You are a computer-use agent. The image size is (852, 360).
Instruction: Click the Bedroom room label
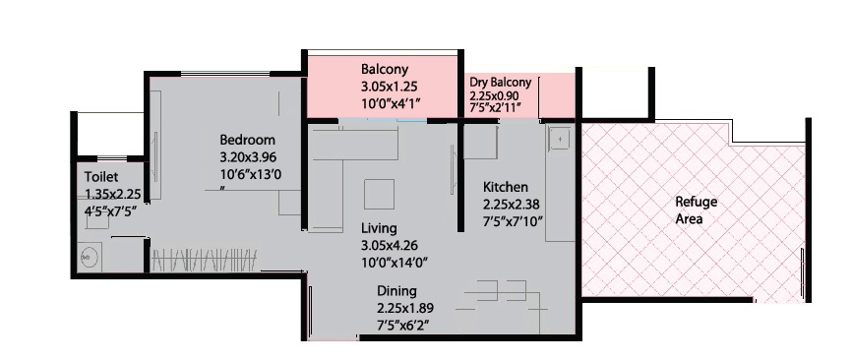point(247,140)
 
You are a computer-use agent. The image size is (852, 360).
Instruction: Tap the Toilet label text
point(101,177)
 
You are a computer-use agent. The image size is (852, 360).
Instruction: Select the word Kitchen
point(506,187)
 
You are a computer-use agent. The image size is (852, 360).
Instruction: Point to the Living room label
point(379,228)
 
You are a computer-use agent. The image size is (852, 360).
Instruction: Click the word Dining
point(396,291)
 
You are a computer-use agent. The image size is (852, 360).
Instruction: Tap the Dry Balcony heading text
point(501,83)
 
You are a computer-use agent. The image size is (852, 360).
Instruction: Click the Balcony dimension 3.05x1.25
point(389,86)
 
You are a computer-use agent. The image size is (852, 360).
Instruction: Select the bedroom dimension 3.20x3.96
point(248,158)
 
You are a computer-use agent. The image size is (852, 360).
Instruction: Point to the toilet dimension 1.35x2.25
point(113,194)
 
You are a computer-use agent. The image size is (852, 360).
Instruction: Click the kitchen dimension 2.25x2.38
point(512,205)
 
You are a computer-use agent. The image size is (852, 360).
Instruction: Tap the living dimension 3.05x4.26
point(390,246)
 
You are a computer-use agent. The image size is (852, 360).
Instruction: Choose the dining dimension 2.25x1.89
point(405,309)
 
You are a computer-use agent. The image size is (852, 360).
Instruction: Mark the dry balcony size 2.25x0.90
point(495,95)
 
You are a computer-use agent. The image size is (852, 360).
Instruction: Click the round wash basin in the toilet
point(90,257)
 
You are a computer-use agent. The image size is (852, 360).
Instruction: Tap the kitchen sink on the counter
point(559,139)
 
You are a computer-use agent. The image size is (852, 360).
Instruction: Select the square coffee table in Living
point(380,194)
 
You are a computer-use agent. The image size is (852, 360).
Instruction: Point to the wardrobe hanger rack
point(204,260)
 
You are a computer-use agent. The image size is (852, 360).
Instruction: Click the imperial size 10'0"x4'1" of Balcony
point(392,102)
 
